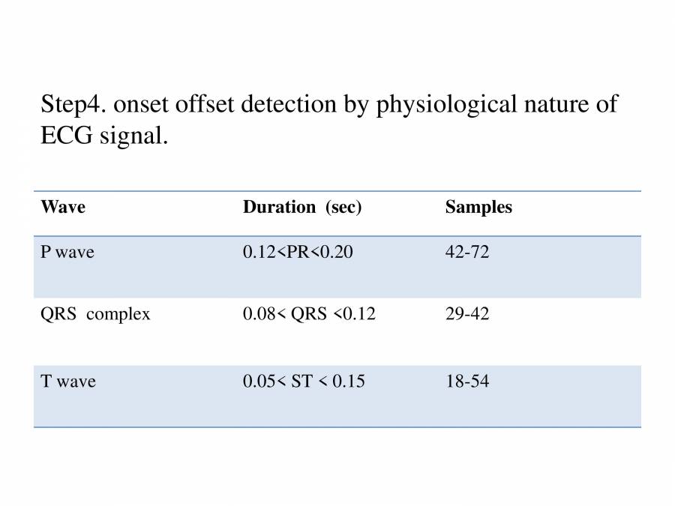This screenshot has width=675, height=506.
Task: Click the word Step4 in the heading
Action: (74, 105)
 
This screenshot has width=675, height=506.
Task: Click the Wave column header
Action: (63, 208)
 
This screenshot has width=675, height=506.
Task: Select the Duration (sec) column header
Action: (302, 208)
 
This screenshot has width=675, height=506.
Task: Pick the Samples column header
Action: (478, 208)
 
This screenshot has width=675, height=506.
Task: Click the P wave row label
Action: (67, 253)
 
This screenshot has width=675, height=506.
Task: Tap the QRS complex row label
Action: (95, 315)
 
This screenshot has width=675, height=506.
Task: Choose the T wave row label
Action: (68, 382)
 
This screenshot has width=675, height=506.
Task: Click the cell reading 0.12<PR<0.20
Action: (298, 253)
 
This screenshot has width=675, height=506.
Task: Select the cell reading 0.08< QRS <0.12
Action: (309, 315)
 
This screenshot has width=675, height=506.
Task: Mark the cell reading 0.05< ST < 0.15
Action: (304, 382)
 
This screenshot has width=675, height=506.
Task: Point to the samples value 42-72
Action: (467, 253)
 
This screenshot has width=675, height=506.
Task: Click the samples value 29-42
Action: (467, 315)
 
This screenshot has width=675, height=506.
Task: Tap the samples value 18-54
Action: (467, 382)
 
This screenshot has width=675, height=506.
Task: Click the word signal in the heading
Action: (133, 137)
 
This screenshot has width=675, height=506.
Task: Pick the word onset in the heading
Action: (142, 103)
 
